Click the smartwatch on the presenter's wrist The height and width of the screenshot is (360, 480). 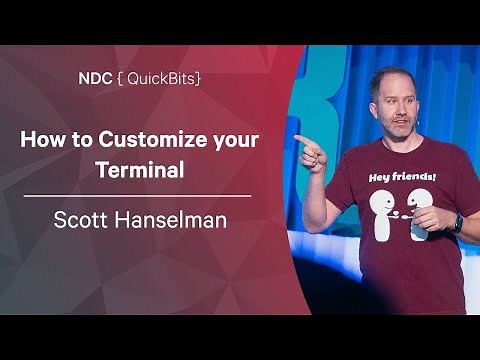[x=456, y=222]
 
